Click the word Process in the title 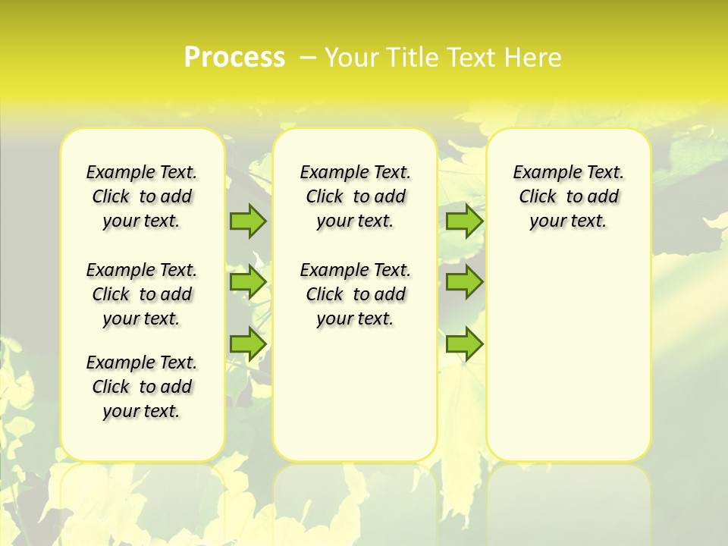pos(234,57)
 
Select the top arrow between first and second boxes pos(248,221)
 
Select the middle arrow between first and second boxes pos(248,282)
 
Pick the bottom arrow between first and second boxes pos(248,344)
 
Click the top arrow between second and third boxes pos(464,221)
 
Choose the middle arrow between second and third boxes pos(464,282)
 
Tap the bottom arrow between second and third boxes pos(464,344)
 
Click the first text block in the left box pos(142,196)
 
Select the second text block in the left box pos(142,294)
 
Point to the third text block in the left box pos(142,387)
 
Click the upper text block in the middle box pos(356,196)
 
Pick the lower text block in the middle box pos(356,294)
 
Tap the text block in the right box pos(569,196)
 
